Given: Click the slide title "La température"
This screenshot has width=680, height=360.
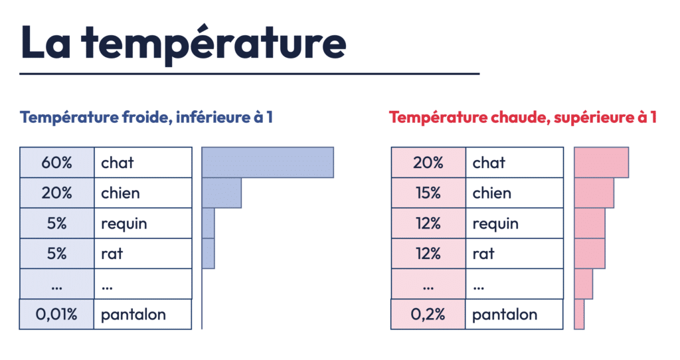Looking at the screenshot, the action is tap(183, 43).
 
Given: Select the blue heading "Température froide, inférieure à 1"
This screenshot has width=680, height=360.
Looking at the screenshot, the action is tap(146, 117).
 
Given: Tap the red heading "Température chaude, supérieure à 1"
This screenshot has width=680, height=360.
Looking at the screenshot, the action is tap(523, 117).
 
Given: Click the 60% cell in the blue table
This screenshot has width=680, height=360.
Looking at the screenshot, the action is tap(57, 163).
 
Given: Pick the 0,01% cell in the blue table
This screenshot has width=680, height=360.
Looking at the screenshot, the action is tap(56, 314).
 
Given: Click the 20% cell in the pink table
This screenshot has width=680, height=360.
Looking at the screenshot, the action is tap(428, 163).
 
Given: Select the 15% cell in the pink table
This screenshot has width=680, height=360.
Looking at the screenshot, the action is tap(428, 193).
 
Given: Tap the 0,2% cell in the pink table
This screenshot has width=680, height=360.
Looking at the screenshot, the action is tap(428, 314).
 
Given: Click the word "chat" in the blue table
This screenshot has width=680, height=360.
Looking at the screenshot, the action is tap(117, 163).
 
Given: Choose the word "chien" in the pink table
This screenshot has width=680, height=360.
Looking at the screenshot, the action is tap(492, 193).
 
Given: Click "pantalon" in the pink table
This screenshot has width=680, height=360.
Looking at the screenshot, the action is tap(505, 314).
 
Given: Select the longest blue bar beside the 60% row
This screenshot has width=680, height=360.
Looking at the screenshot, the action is tap(268, 163).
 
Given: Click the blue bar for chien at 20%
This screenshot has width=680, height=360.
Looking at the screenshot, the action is tap(222, 193).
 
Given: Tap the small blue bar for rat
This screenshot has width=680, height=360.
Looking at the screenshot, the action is tap(208, 253).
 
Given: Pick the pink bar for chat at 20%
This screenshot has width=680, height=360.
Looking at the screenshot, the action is tap(602, 163).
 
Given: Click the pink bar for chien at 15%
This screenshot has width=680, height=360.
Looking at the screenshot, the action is tap(594, 193).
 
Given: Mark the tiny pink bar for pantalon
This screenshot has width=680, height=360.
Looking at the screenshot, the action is tap(579, 314).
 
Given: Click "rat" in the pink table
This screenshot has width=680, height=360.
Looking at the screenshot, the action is tap(483, 254).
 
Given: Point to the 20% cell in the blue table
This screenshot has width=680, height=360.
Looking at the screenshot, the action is tap(57, 193).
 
